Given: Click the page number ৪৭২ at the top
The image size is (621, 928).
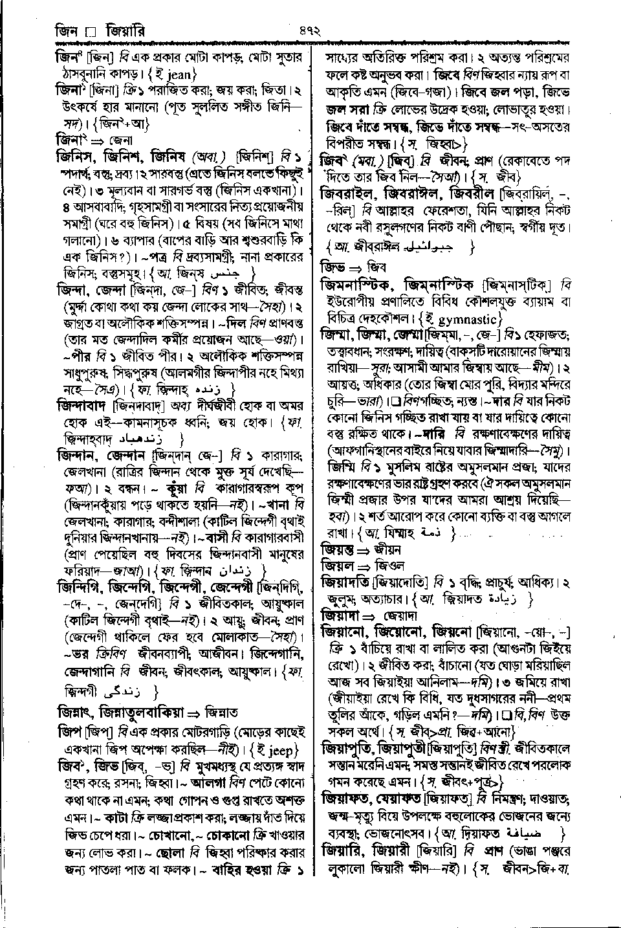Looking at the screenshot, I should pos(310,29).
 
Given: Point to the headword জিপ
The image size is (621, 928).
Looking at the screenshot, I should pos(67,732).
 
